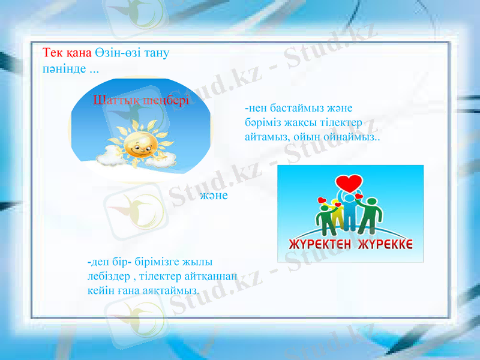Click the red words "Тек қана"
coord(66,52)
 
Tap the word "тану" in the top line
coord(157,52)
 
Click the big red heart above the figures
coord(349,181)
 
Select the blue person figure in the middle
coord(350,210)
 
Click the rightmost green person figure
coord(371,216)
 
